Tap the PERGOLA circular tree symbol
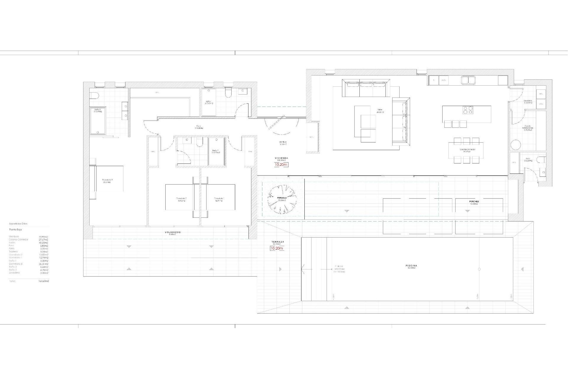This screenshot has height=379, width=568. tap(282, 199)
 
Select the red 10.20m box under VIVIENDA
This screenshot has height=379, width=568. tap(281, 165)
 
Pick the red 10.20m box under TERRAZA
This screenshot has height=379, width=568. tap(277, 248)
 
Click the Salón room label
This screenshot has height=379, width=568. tap(380, 110)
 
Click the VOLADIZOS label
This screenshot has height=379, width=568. tap(172, 232)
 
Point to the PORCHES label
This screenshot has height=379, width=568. tap(474, 202)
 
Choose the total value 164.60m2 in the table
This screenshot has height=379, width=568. tap(44, 281)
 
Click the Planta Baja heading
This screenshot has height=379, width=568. tap(15, 229)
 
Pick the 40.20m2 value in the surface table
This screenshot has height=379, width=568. tap(43, 243)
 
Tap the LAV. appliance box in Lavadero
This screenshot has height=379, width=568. tap(541, 104)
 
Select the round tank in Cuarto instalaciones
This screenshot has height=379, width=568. tap(515, 145)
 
